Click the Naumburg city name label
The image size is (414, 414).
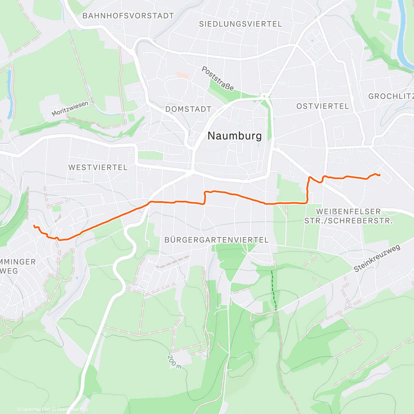[235, 136]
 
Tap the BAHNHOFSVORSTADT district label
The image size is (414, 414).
[128, 16]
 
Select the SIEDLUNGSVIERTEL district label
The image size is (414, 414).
[240, 24]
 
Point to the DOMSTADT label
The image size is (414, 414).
[188, 109]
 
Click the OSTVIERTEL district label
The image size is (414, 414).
[323, 106]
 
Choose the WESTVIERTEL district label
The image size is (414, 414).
[98, 167]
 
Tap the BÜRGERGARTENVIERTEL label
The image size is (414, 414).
[216, 240]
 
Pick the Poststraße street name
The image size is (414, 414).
[218, 79]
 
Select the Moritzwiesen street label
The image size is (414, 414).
[70, 109]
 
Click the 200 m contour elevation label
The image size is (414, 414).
[174, 362]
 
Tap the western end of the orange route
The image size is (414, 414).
[34, 226]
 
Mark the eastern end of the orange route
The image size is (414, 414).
[379, 175]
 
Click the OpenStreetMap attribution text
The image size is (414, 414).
[72, 410]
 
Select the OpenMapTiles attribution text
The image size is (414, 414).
[36, 410]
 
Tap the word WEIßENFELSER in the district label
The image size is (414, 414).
[348, 211]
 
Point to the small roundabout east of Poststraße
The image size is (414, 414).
[265, 96]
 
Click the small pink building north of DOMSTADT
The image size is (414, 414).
[183, 75]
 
